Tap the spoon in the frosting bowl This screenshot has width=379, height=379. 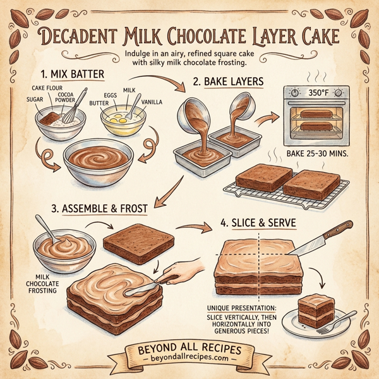(x=46, y=231)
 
